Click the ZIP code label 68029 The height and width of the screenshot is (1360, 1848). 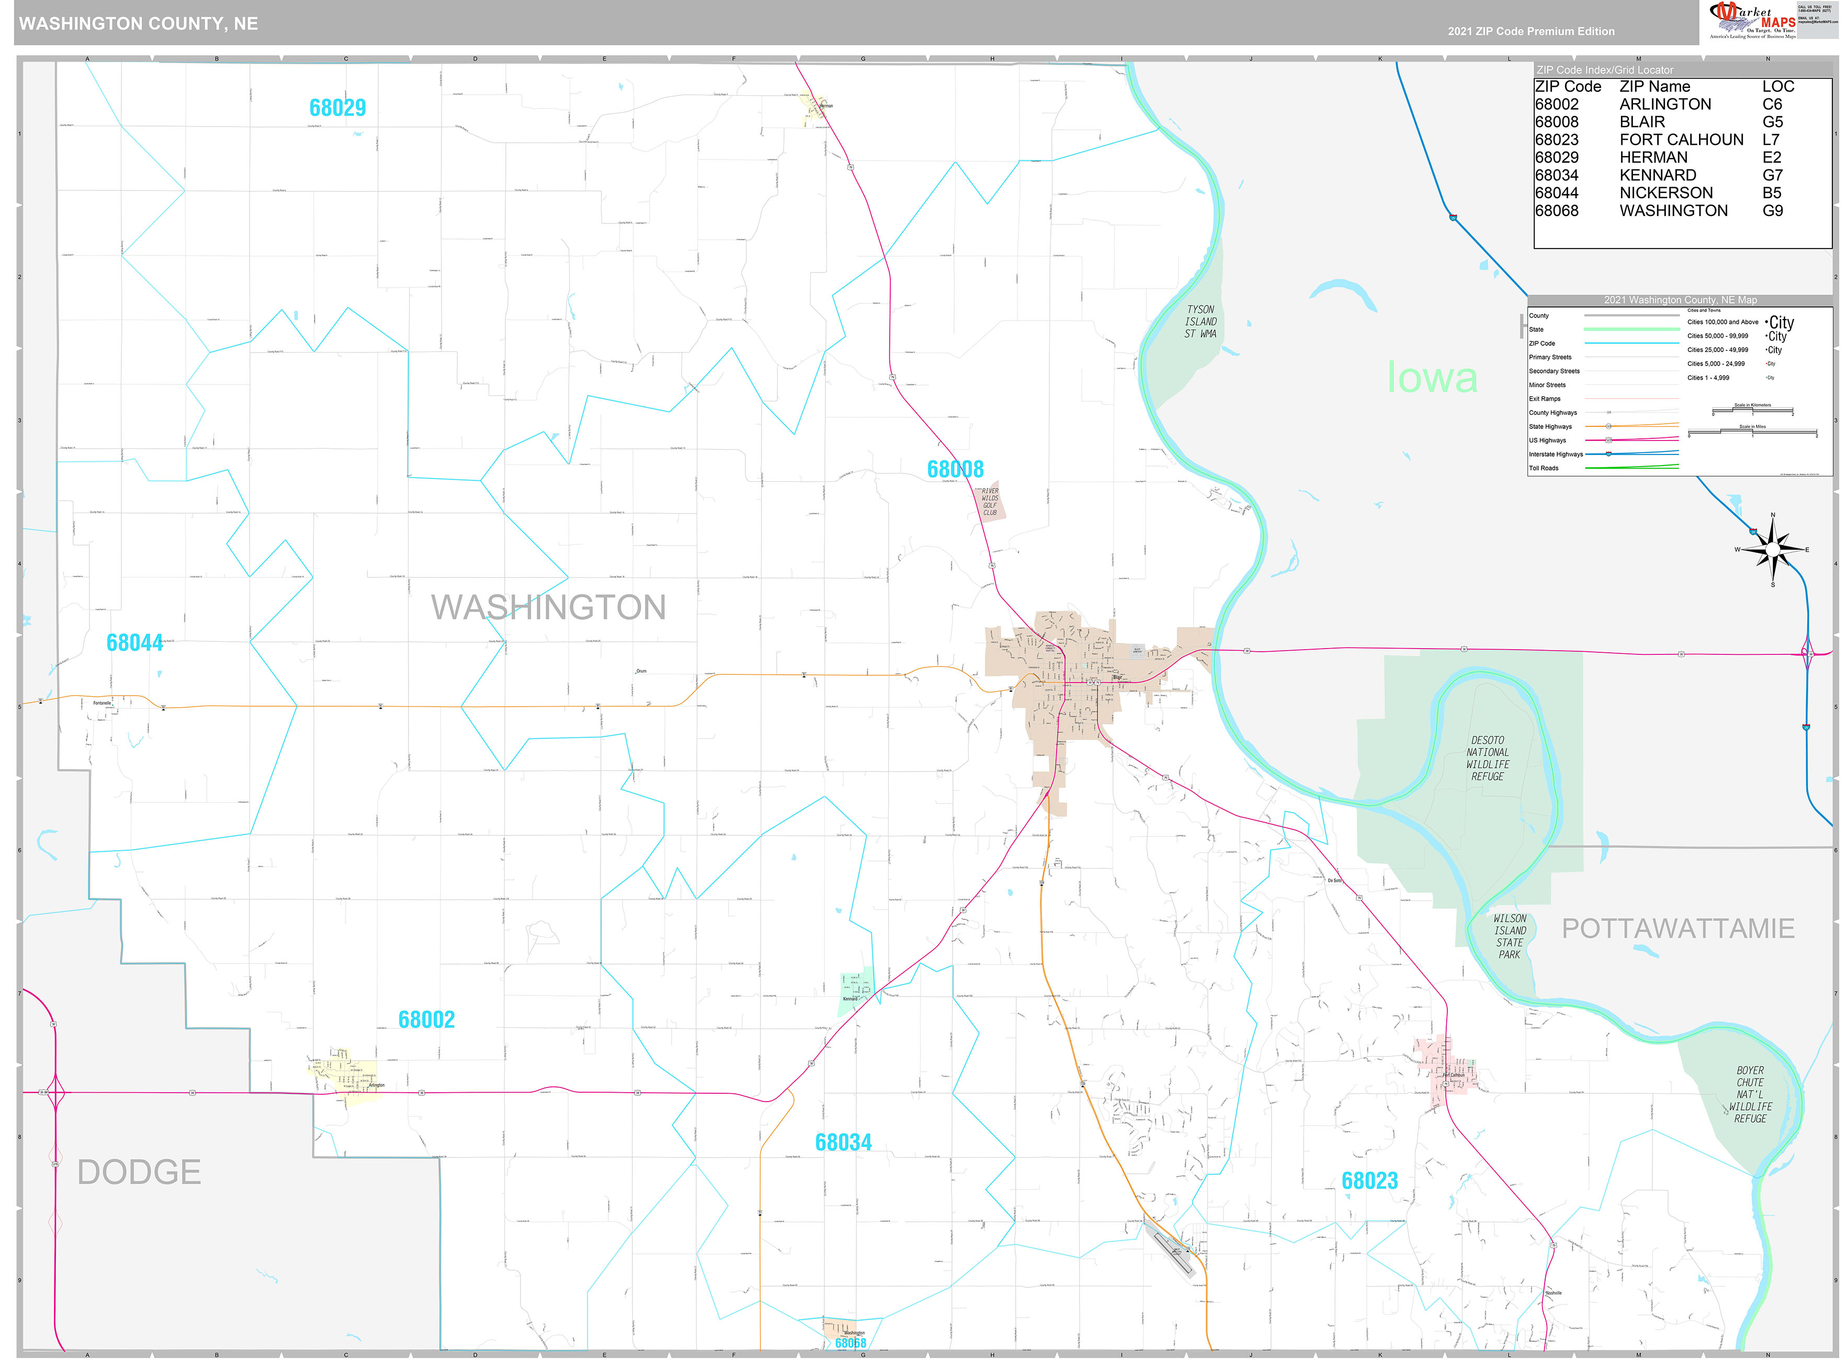coord(337,108)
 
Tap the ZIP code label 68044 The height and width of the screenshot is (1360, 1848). coord(135,643)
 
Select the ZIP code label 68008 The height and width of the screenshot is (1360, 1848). coord(955,469)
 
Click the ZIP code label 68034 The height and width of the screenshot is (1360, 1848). coord(843,1143)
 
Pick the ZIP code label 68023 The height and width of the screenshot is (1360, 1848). coord(1370,1181)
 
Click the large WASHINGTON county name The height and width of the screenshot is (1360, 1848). coord(548,608)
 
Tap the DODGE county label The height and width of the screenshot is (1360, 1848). coord(139,1172)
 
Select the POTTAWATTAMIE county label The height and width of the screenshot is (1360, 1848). coord(1677,928)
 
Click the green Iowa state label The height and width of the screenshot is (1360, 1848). coord(1432,378)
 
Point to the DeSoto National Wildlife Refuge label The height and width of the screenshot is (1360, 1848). coord(1488,758)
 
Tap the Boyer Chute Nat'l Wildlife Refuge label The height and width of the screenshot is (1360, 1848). coord(1750,1094)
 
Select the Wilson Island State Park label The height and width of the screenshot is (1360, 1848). coord(1510,936)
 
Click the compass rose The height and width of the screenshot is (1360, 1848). coord(1772,549)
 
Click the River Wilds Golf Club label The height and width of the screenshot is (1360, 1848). coord(990,501)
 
